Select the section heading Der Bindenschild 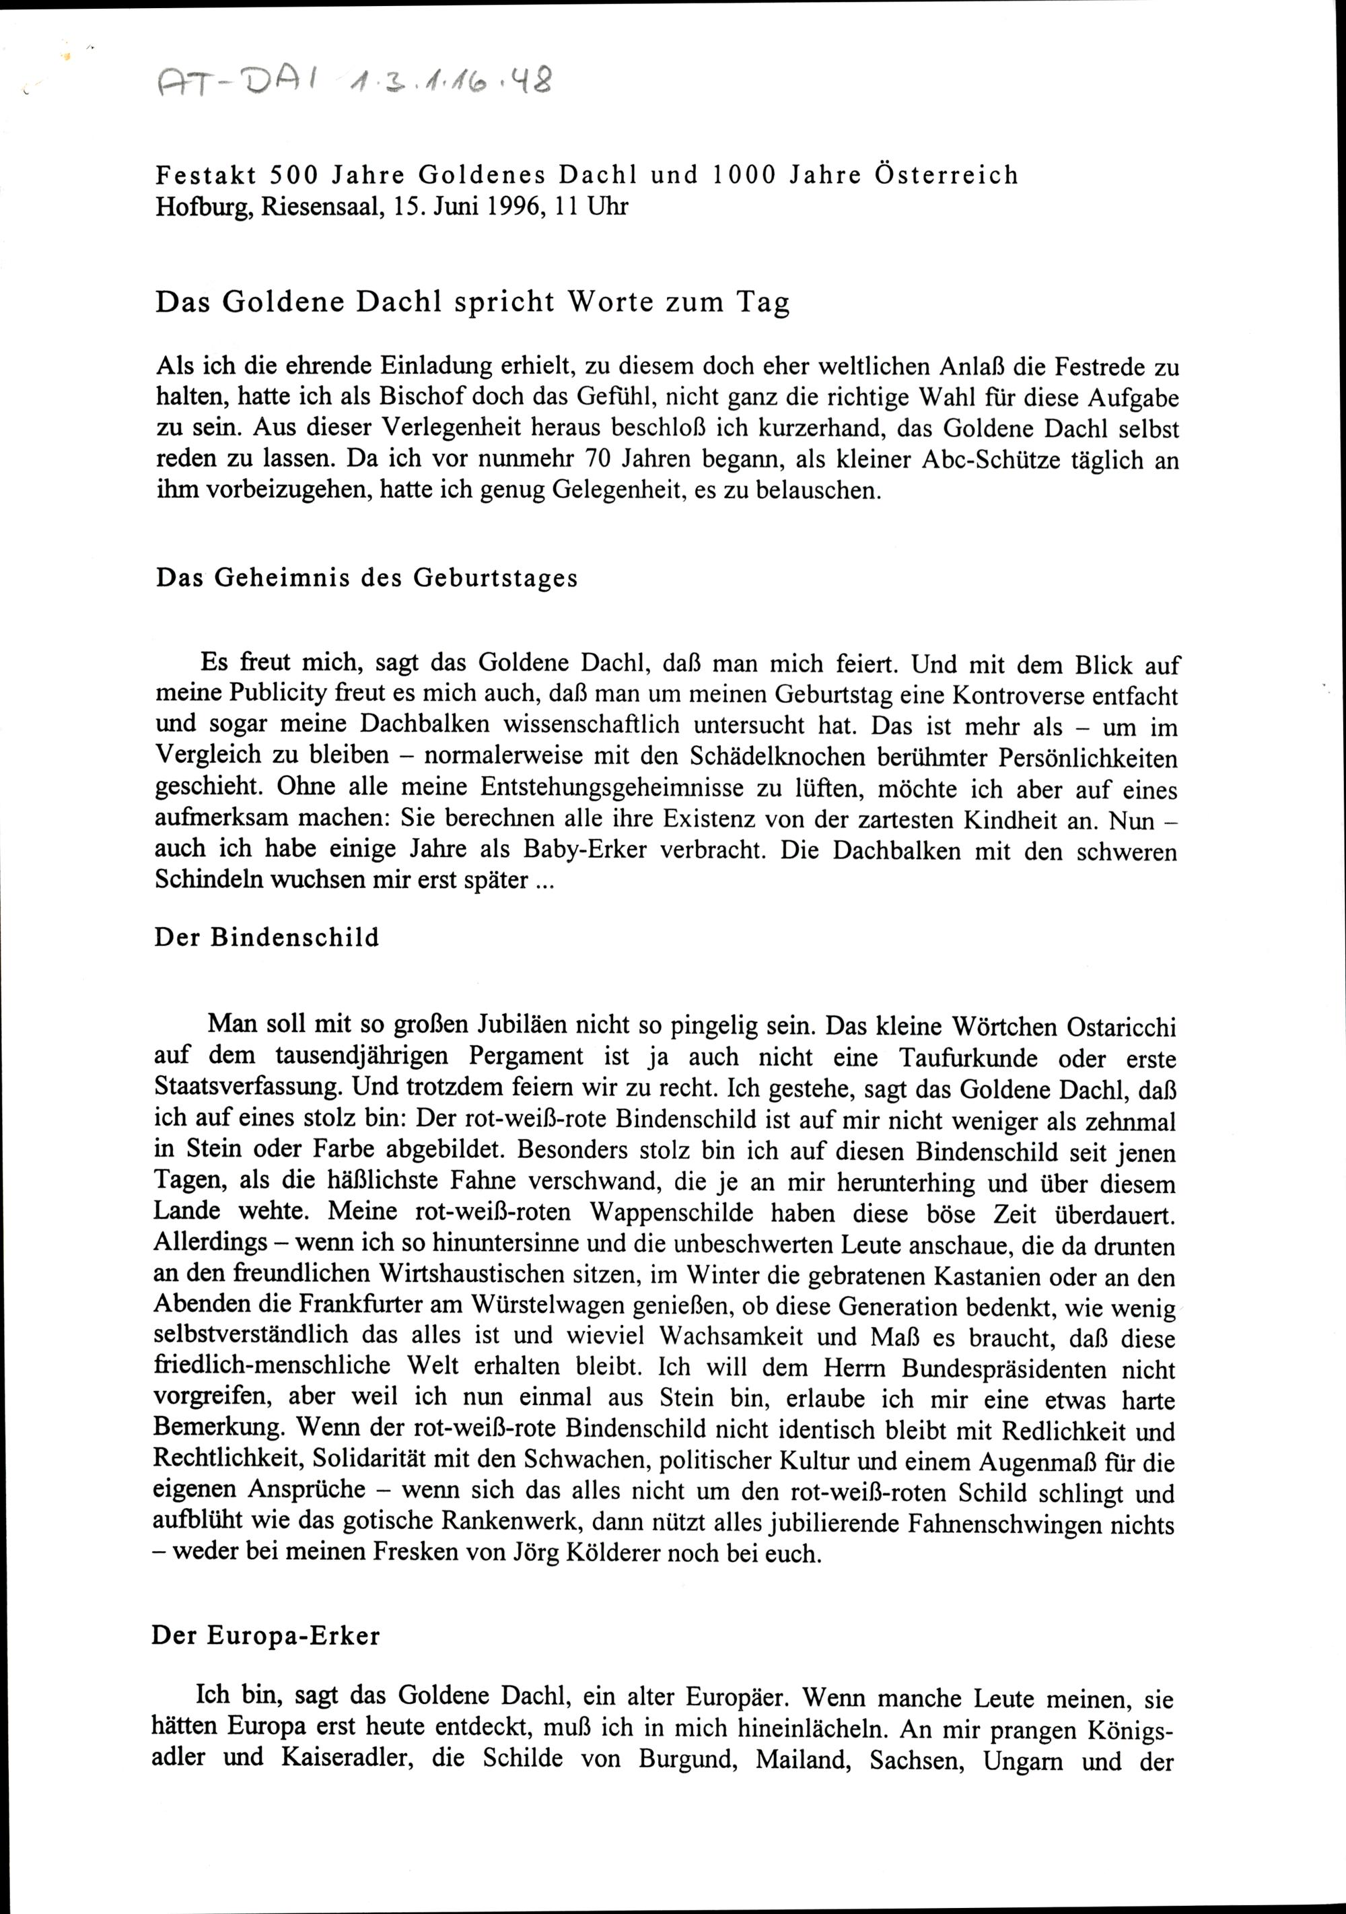point(267,937)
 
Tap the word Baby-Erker point(588,850)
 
